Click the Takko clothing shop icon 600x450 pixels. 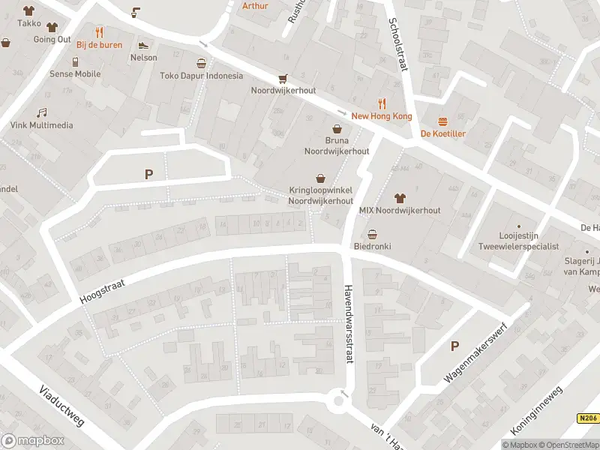coord(29,11)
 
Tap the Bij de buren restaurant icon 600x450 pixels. coord(99,31)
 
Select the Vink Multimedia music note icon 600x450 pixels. coord(42,112)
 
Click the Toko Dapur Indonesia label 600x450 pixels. coord(202,75)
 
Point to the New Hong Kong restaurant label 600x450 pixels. coord(382,116)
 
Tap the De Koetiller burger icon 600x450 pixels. coord(442,121)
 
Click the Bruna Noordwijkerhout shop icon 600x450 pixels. coord(337,128)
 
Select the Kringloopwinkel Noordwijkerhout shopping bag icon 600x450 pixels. coord(321,178)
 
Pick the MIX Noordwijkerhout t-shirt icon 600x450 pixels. coord(400,198)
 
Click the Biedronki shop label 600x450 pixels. coord(372,246)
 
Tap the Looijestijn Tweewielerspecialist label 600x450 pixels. coord(518,241)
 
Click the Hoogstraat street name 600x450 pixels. coord(102,289)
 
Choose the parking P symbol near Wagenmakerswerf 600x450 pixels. coord(454,346)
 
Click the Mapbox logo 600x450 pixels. coord(31,441)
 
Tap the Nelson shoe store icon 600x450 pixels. coord(143,45)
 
